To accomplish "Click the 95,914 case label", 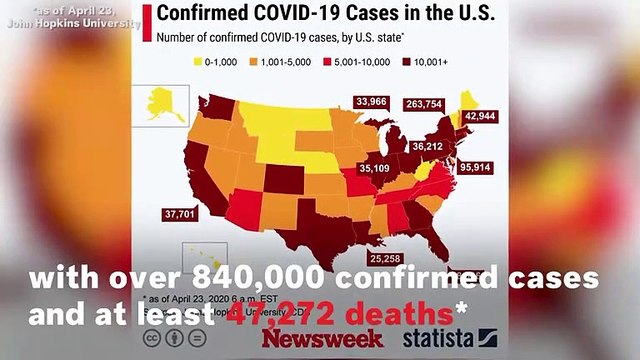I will pyautogui.click(x=475, y=168).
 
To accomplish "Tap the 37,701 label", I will pyautogui.click(x=181, y=213).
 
